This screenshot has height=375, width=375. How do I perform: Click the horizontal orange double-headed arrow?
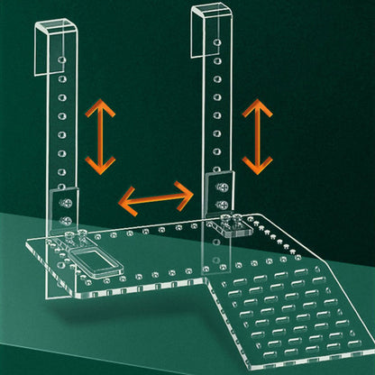[157, 196]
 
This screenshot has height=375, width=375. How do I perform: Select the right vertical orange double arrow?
[258, 135]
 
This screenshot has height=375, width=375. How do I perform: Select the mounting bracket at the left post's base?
[66, 209]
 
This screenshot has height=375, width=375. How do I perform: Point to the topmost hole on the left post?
[60, 59]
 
